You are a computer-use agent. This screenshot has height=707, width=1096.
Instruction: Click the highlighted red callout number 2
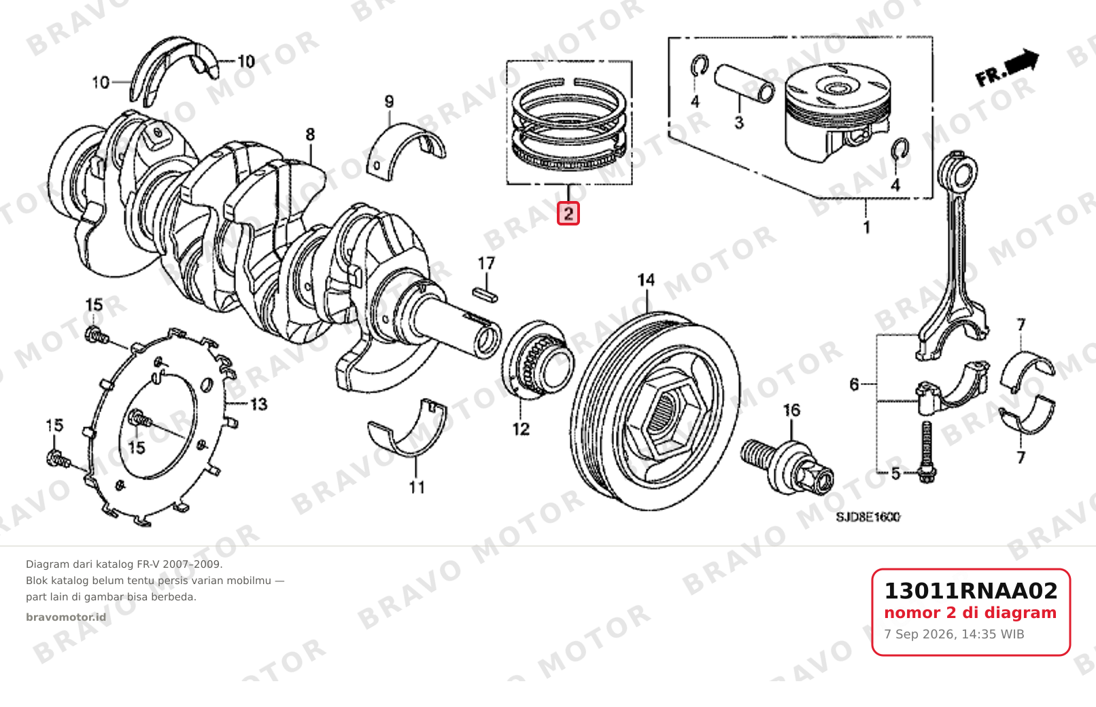tap(568, 213)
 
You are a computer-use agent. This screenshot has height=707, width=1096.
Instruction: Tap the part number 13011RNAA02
tap(971, 591)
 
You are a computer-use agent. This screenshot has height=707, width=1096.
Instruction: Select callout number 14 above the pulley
tap(647, 280)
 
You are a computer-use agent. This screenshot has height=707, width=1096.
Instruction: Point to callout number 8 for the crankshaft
tap(310, 134)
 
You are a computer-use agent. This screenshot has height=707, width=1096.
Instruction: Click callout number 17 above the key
tap(486, 264)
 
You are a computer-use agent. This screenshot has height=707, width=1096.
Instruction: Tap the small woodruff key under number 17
tap(485, 295)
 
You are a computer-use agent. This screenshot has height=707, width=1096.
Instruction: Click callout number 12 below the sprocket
tap(521, 429)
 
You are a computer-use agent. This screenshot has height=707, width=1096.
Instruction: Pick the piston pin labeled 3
tap(744, 84)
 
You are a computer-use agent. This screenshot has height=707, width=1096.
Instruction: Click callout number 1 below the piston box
tap(866, 228)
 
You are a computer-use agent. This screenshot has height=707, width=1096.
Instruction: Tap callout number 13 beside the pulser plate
tap(259, 405)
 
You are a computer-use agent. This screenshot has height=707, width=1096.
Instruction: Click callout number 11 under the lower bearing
tap(417, 487)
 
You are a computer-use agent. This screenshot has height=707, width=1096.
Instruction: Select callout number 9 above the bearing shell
tap(389, 102)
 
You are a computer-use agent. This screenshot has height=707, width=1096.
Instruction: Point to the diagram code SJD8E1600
tap(868, 517)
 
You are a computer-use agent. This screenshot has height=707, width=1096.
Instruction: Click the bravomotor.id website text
tap(66, 617)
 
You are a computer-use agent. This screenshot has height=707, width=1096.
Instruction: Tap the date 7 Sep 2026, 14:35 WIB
tap(954, 634)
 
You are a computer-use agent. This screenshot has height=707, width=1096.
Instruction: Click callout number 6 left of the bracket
tap(854, 385)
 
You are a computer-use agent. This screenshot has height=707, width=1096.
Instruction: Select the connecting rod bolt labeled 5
tap(927, 452)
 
